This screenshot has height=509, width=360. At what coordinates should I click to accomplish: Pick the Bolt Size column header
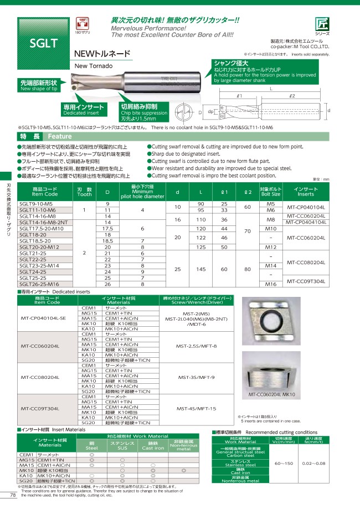point(271,192)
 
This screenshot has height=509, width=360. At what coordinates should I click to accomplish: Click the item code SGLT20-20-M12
point(40,247)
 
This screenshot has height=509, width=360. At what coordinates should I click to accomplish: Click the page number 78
point(13,495)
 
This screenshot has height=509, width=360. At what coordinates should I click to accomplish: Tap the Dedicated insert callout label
point(84,107)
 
